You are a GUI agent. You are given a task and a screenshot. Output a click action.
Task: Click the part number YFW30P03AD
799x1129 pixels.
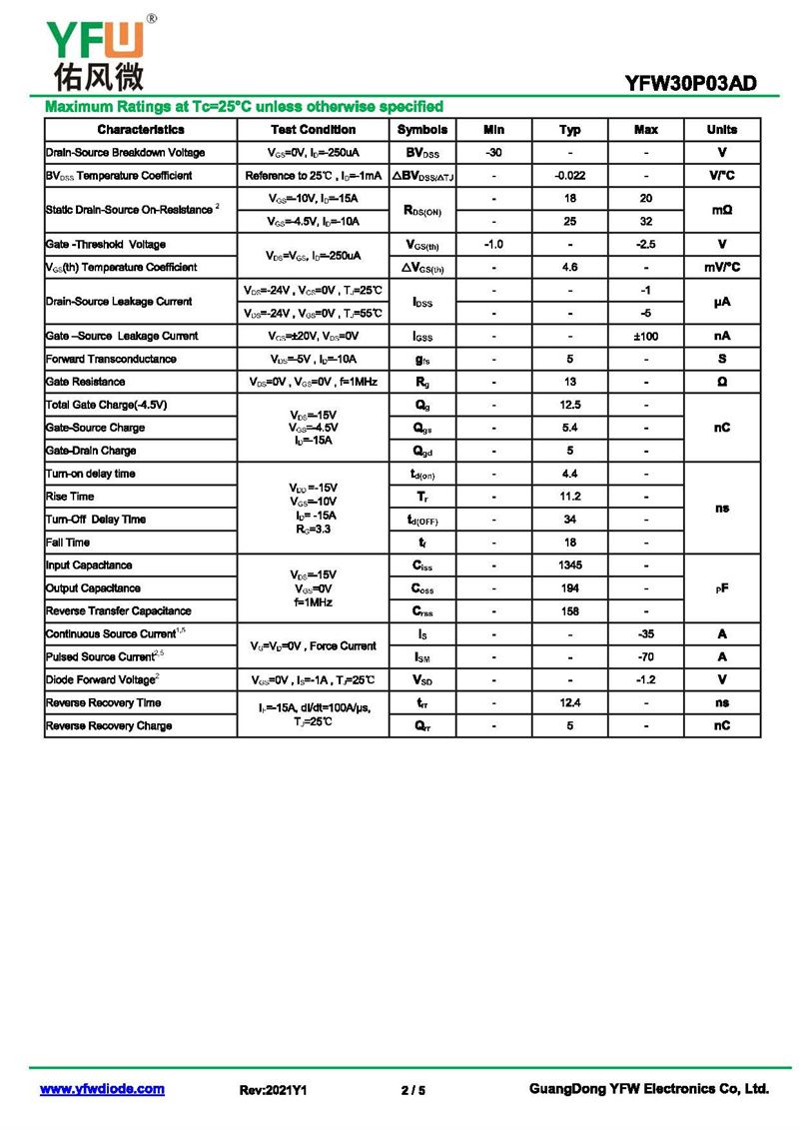coord(690,84)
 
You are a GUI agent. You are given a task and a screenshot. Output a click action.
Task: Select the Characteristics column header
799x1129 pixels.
coord(141,130)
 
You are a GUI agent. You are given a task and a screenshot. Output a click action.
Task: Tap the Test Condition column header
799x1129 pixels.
coord(313,130)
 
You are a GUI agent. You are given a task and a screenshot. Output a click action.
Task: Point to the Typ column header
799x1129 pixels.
coord(569,130)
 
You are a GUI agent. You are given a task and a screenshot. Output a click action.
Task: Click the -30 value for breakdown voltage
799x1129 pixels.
coord(493,153)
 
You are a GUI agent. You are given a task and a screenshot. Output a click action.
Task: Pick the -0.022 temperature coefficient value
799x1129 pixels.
coord(569,176)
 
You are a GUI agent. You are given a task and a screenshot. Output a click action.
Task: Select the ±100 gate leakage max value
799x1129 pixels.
coord(646,336)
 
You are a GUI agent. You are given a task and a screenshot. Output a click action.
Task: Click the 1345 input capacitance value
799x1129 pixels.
coord(569,565)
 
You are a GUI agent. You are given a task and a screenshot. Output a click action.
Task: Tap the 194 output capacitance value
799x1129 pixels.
coord(569,588)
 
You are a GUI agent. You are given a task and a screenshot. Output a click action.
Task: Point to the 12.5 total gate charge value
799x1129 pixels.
coord(569,405)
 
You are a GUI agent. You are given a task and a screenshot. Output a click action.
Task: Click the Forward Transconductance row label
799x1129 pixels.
coord(111,359)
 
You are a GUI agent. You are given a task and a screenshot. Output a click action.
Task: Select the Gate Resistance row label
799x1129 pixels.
coord(86,382)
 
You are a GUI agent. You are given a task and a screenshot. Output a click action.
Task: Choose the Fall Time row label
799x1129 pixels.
coord(68,543)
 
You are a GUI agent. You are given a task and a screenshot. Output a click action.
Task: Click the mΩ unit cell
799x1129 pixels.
coord(722,211)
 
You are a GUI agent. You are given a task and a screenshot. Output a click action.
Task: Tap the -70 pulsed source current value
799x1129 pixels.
coord(646,657)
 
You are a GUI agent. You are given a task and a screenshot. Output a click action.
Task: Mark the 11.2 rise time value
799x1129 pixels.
coord(569,497)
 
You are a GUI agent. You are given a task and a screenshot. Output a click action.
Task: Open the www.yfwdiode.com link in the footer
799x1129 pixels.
coord(102,1089)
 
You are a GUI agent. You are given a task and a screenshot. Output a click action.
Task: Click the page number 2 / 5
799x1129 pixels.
coord(412,1090)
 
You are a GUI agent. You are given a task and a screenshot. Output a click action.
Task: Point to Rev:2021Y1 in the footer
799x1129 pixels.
coord(273,1090)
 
